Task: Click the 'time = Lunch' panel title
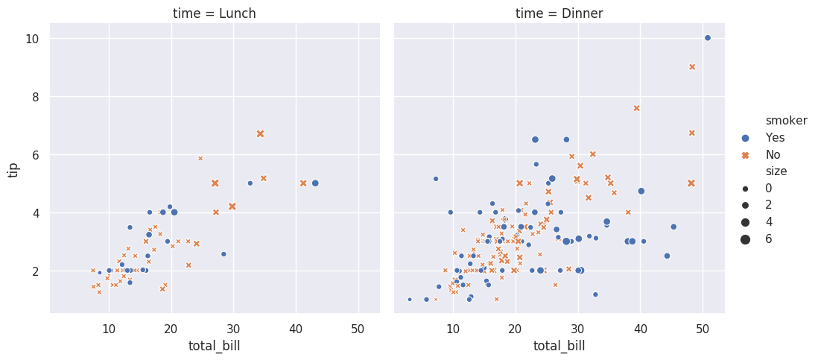click(x=215, y=13)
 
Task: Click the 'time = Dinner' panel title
click(x=559, y=13)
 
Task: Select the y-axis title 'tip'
click(x=13, y=169)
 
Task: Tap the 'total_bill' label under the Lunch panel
click(x=215, y=346)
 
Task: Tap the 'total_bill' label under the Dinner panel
click(x=559, y=346)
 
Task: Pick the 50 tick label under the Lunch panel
click(x=358, y=328)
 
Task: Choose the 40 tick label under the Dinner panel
click(x=640, y=328)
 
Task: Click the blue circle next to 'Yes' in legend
click(x=745, y=138)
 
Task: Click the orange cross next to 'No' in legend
click(x=745, y=155)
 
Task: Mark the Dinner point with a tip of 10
click(x=707, y=38)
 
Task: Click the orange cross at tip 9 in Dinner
click(x=692, y=67)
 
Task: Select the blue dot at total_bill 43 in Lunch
click(x=315, y=183)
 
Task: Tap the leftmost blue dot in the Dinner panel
click(x=410, y=300)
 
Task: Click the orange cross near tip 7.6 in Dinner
click(x=637, y=108)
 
